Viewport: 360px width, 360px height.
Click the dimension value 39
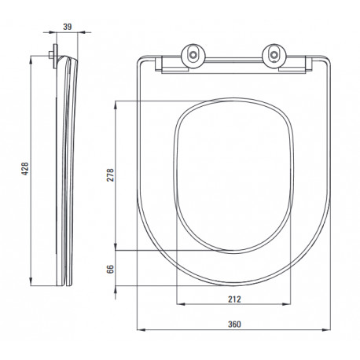tap(68, 27)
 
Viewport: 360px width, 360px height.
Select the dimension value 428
tap(25, 169)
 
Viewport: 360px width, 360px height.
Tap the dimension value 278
tap(110, 175)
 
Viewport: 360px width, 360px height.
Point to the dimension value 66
tap(110, 269)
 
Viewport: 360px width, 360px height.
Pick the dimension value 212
tap(234, 299)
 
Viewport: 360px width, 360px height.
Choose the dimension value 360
tap(234, 325)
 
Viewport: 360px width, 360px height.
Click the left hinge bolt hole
tap(193, 55)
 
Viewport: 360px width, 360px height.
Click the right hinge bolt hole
tap(274, 55)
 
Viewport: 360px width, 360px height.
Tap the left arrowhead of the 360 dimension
tap(141, 329)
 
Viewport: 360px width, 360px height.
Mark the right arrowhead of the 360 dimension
tap(326, 329)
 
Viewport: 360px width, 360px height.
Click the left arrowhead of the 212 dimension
tap(181, 304)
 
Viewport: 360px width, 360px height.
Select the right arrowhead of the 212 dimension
tap(286, 304)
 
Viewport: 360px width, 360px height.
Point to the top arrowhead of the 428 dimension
tap(31, 60)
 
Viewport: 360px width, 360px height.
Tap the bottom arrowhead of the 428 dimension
tap(31, 281)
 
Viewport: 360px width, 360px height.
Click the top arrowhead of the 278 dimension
tap(116, 105)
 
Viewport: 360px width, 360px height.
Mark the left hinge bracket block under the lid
tap(160, 64)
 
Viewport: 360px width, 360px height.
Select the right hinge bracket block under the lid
tap(309, 64)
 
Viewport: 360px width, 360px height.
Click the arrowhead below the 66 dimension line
tap(116, 289)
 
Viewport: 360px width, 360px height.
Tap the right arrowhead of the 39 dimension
tap(82, 32)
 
